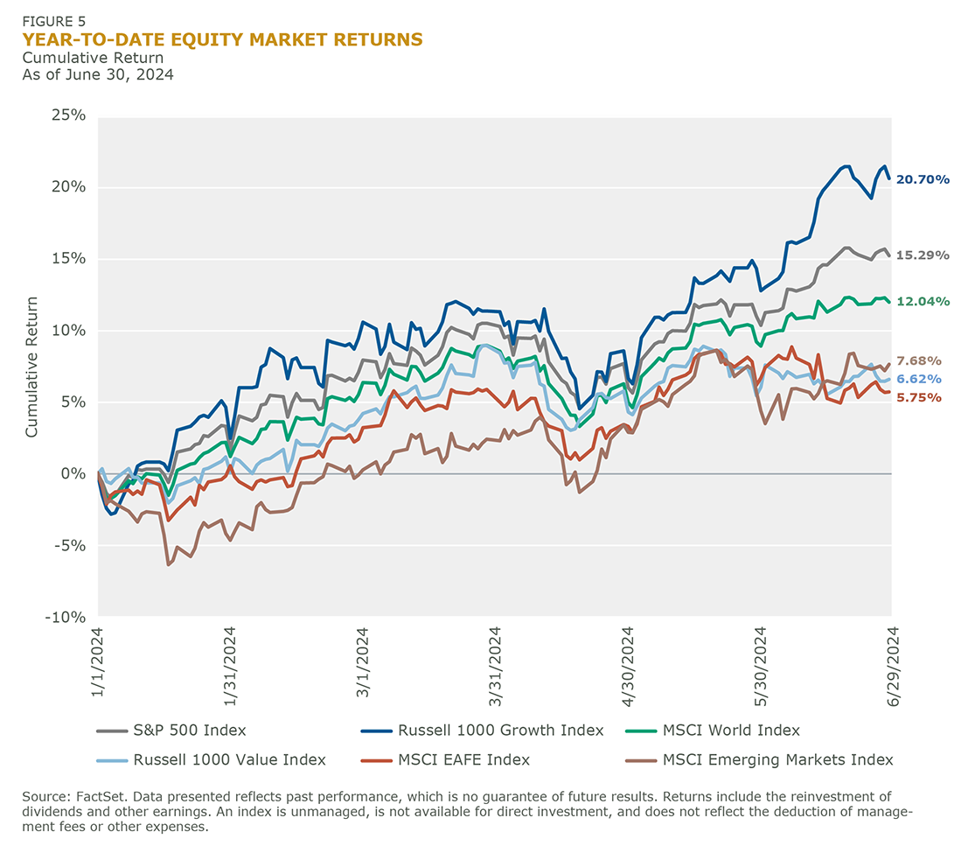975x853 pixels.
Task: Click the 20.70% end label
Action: tap(922, 179)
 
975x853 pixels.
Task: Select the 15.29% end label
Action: tap(922, 255)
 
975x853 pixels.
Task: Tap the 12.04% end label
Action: tap(922, 301)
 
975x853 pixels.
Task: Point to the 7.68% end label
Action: tap(919, 360)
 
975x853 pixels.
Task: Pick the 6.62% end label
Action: tap(919, 379)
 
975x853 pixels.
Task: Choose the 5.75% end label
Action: tap(919, 397)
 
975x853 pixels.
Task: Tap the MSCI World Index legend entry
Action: tap(731, 730)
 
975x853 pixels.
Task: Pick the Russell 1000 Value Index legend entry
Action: tap(229, 759)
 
